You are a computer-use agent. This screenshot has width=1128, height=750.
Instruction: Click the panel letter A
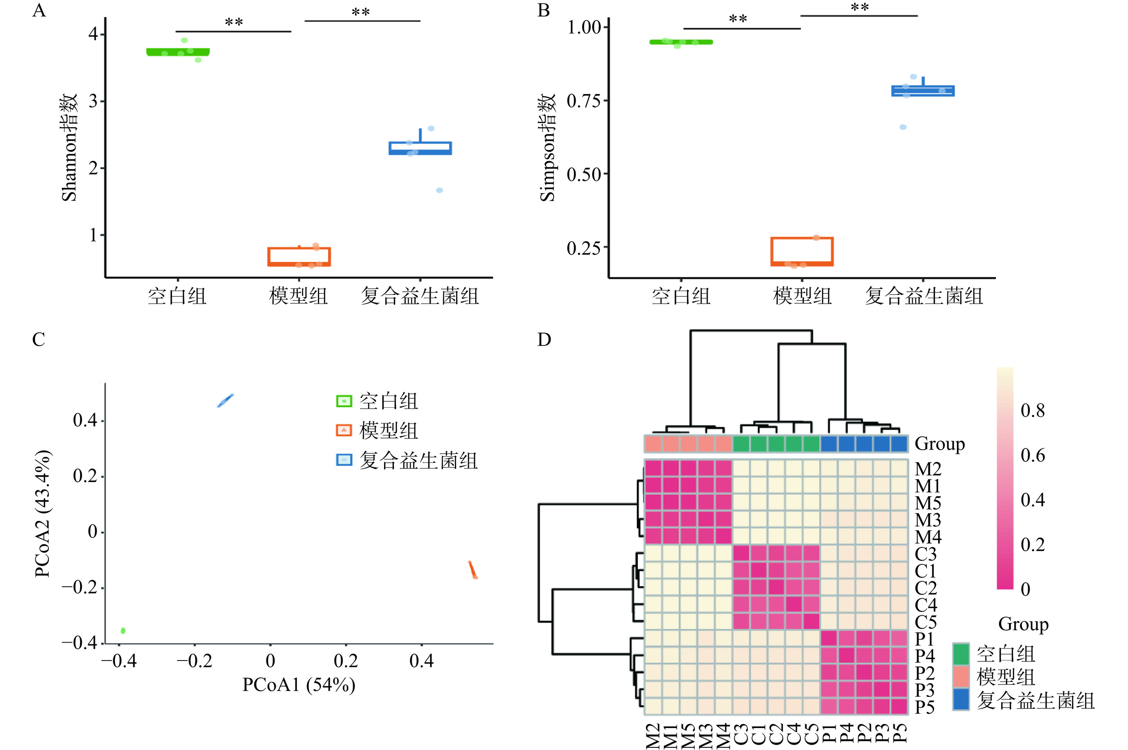39,11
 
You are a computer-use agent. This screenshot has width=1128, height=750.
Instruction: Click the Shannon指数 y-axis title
69,147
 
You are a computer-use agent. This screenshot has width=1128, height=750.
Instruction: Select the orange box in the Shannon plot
299,256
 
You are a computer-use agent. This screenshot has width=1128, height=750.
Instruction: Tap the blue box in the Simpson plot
923,91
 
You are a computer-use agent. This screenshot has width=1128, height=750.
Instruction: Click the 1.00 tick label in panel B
584,27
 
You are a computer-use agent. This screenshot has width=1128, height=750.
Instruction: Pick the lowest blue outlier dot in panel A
439,190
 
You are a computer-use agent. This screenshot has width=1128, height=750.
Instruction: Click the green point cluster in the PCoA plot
123,631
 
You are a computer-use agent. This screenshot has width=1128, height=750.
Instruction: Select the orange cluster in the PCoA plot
473,570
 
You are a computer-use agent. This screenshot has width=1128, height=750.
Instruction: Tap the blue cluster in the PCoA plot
225,401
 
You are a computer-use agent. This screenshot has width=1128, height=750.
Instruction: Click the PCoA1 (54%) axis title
299,685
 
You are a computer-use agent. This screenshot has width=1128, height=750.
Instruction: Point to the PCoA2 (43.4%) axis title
43,514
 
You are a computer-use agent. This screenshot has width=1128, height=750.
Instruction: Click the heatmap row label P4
924,655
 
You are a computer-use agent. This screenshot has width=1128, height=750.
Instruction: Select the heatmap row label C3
925,554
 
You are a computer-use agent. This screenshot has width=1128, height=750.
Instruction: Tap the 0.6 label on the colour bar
1032,456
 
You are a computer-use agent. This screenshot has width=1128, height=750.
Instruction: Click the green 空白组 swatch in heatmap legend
961,654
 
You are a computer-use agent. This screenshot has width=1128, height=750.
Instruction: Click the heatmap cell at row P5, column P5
899,707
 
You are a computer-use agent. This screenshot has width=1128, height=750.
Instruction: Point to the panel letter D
544,340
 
